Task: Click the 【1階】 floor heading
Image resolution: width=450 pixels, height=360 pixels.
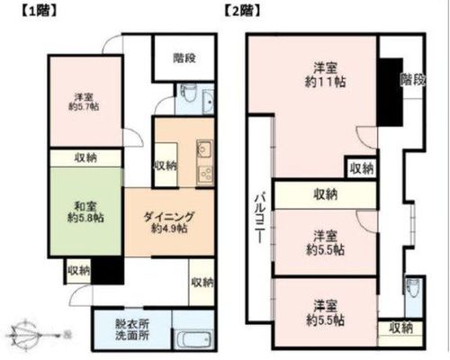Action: click(x=39, y=11)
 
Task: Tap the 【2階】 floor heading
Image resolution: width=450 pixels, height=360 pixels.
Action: click(x=242, y=11)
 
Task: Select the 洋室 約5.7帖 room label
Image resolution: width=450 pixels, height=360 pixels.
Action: click(x=84, y=102)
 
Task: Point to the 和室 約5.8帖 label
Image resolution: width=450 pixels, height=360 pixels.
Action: click(x=85, y=212)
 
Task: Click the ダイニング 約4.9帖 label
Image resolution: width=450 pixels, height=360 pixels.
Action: click(x=169, y=222)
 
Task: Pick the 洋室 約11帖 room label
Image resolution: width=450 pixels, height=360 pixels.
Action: click(x=325, y=75)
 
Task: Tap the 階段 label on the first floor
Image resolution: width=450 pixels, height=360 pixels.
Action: click(x=184, y=58)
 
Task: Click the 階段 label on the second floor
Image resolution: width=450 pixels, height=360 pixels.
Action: click(x=413, y=80)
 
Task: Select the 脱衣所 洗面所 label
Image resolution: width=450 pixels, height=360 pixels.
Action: click(x=132, y=329)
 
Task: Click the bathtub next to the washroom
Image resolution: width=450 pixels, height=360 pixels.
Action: click(x=193, y=339)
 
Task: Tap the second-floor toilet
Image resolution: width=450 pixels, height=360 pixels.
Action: click(x=409, y=289)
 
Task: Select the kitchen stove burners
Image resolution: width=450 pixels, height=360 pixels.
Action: click(x=205, y=175)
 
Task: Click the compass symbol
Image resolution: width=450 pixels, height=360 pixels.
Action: click(x=25, y=335)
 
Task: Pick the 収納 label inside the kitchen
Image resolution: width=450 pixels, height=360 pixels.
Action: click(x=166, y=166)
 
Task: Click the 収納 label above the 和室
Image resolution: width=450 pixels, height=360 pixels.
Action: click(x=85, y=157)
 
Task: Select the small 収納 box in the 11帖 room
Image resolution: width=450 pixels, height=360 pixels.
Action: click(x=361, y=167)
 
